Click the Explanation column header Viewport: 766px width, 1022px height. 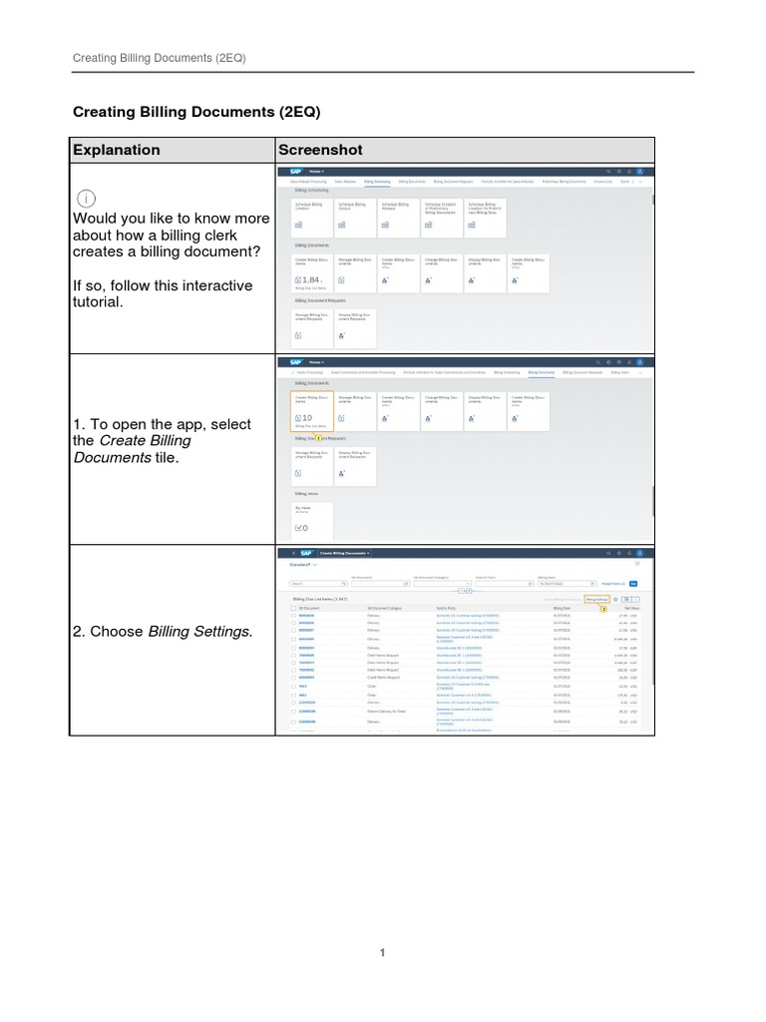pyautogui.click(x=115, y=150)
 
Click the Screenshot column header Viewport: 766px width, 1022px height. pyautogui.click(x=320, y=150)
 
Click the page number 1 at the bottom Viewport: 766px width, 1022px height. pyautogui.click(x=382, y=952)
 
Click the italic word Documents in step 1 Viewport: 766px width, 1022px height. pyautogui.click(x=107, y=457)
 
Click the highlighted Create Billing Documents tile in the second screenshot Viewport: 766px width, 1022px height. pyautogui.click(x=312, y=410)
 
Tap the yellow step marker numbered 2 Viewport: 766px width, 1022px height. pyautogui.click(x=603, y=608)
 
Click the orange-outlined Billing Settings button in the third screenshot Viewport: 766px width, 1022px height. pyautogui.click(x=596, y=600)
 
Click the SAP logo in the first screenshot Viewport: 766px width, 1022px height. pyautogui.click(x=296, y=172)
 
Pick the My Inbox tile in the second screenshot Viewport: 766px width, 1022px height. pyautogui.click(x=312, y=519)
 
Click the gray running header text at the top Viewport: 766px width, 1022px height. pyautogui.click(x=160, y=59)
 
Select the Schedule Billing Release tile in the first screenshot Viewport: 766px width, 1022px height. pyautogui.click(x=399, y=215)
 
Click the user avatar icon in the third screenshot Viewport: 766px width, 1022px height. pyautogui.click(x=641, y=553)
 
